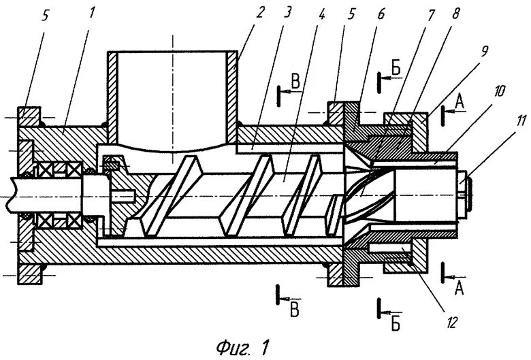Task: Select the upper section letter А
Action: [x=460, y=101]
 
